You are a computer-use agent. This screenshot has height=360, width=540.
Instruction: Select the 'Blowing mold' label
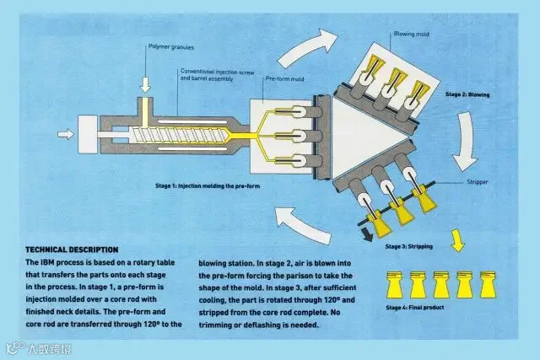(x=412, y=35)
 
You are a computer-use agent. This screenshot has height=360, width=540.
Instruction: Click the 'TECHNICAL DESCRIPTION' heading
(x=72, y=250)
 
